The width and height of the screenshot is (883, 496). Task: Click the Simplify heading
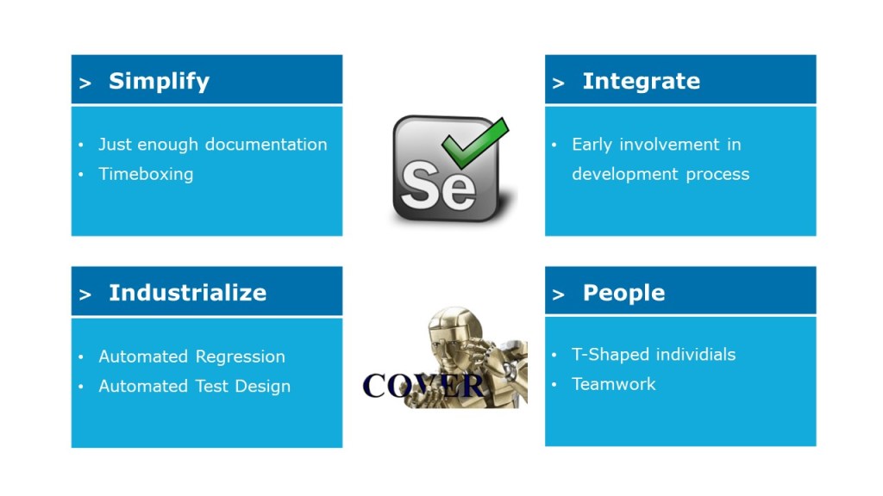pyautogui.click(x=159, y=82)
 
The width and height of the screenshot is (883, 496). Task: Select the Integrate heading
pyautogui.click(x=642, y=82)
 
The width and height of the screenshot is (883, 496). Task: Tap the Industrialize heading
pyautogui.click(x=187, y=293)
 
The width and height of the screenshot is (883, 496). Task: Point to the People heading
pyautogui.click(x=623, y=293)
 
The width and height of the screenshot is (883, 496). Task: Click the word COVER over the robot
pyautogui.click(x=423, y=386)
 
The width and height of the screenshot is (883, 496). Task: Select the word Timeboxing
pyautogui.click(x=146, y=174)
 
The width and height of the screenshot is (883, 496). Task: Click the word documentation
pyautogui.click(x=266, y=145)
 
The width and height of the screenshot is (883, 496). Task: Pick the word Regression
pyautogui.click(x=240, y=357)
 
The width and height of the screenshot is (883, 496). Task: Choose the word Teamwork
pyautogui.click(x=614, y=384)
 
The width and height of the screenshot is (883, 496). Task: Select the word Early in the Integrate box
pyautogui.click(x=592, y=145)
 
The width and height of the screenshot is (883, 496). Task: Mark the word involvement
pyautogui.click(x=669, y=145)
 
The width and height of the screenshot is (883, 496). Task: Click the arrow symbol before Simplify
pyautogui.click(x=85, y=84)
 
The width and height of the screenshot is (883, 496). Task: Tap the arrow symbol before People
pyautogui.click(x=558, y=294)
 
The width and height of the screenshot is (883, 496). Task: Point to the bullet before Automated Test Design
pyautogui.click(x=81, y=387)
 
